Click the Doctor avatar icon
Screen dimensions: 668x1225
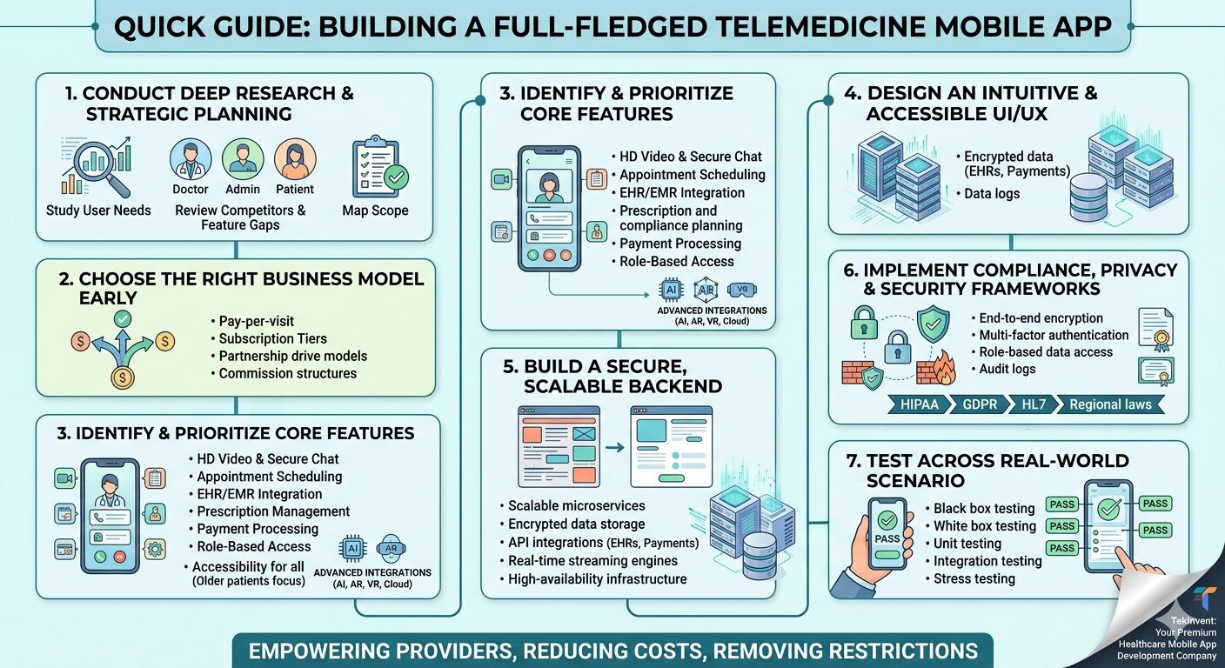[x=190, y=160]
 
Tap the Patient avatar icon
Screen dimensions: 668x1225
[x=295, y=160]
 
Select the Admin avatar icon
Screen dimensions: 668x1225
[x=243, y=160]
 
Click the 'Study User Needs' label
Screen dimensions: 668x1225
[x=98, y=210]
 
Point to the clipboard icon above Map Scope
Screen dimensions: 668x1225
[x=376, y=166]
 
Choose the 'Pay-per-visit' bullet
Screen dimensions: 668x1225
[x=257, y=321]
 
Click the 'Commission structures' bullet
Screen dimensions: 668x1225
[x=287, y=373]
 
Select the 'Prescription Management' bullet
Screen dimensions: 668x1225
[x=273, y=511]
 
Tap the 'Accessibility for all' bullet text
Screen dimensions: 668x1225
[x=248, y=565]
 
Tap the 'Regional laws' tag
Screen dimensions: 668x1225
[x=1110, y=404]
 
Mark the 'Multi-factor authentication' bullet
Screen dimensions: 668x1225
[x=1054, y=335]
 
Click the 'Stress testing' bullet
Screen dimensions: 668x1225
[x=974, y=578]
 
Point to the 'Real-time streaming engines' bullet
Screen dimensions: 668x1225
[x=592, y=561]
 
